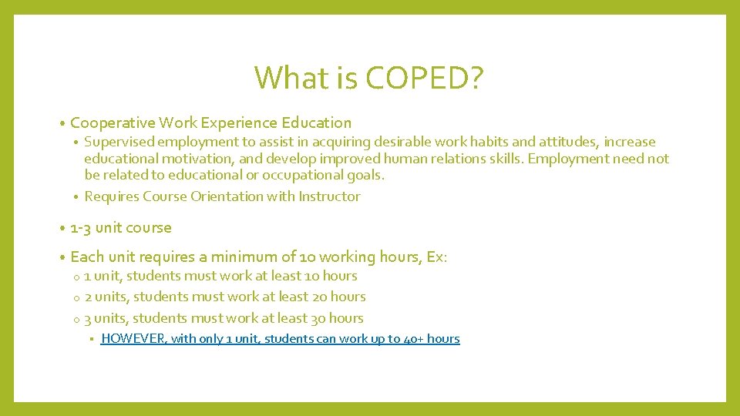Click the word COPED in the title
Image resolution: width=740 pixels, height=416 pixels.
pos(415,78)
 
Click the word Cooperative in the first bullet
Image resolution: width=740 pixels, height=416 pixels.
pos(113,123)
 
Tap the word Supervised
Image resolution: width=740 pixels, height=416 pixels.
pos(119,142)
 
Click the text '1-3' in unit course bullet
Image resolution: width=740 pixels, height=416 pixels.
pos(81,228)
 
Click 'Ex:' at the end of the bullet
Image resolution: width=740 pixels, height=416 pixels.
pos(436,257)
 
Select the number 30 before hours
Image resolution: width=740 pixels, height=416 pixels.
pos(318,318)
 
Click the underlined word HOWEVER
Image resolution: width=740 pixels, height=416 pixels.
pos(134,339)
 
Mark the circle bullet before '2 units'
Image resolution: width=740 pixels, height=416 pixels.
pos(77,297)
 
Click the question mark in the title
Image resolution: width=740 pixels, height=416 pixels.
pos(476,78)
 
